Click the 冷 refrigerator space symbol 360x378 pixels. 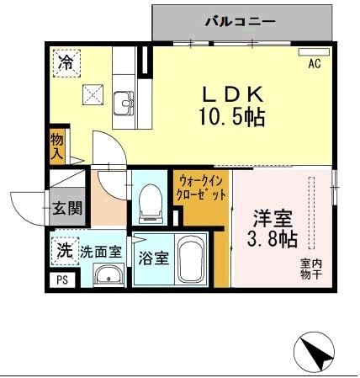(x=65, y=62)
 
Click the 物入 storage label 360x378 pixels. (x=58, y=147)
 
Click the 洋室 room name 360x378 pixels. (x=273, y=218)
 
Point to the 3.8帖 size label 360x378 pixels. (x=273, y=241)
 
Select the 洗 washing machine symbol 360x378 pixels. (x=64, y=250)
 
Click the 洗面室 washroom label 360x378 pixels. (x=101, y=252)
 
